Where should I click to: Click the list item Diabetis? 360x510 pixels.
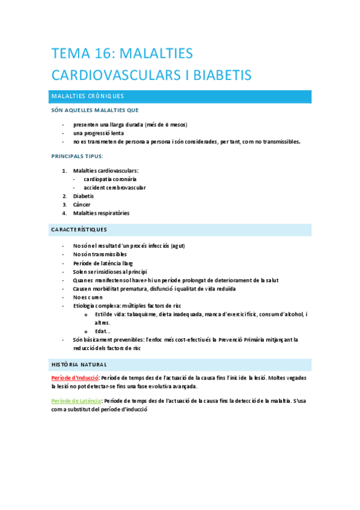[84, 196]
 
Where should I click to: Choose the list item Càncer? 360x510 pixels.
[82, 204]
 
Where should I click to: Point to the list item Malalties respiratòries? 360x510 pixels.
[101, 213]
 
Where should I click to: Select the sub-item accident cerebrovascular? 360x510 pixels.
[115, 188]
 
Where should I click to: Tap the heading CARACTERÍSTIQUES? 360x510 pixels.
[79, 230]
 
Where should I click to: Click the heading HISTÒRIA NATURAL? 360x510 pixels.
[79, 364]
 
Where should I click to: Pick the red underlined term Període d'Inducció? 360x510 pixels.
[75, 377]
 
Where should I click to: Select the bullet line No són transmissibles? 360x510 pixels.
[100, 254]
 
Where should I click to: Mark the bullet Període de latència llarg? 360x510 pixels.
[103, 263]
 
